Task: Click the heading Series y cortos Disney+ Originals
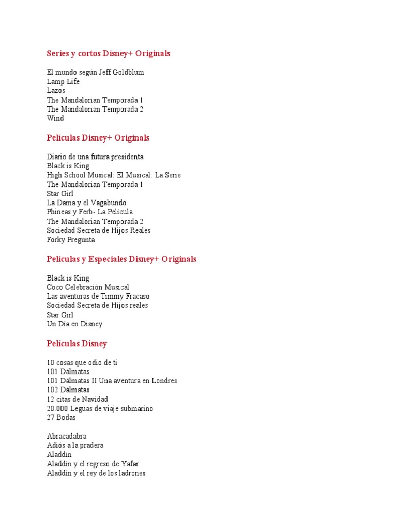point(108,54)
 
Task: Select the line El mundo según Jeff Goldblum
point(95,72)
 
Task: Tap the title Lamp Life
point(63,82)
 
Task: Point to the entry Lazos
point(56,91)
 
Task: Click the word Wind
point(55,119)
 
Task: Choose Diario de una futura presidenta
point(95,157)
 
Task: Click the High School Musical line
point(114,175)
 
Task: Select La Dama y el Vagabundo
point(86,203)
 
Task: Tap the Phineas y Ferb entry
point(89,212)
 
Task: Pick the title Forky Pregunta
point(71,240)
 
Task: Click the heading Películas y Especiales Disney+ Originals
point(121,259)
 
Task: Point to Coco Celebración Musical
point(88,287)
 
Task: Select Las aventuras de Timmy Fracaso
point(98,297)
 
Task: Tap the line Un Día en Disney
point(74,324)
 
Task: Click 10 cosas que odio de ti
point(82,363)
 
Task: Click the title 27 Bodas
point(61,418)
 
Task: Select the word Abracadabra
point(67,437)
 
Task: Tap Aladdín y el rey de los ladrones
point(96,473)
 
